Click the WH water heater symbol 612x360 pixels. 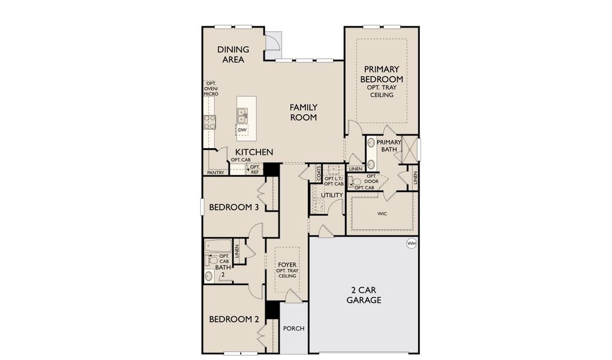click(x=411, y=243)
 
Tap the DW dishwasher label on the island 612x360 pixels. click(x=242, y=130)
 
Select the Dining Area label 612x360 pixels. click(x=233, y=55)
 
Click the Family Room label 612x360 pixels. click(x=304, y=112)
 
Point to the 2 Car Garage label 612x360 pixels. click(x=364, y=295)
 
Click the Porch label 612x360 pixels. click(x=294, y=328)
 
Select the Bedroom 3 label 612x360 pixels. click(x=234, y=208)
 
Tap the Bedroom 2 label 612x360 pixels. click(x=234, y=319)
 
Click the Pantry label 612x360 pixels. click(x=215, y=173)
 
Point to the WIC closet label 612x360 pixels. click(x=382, y=213)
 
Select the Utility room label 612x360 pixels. click(x=332, y=195)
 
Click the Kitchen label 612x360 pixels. click(x=254, y=152)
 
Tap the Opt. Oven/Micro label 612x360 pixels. click(x=211, y=89)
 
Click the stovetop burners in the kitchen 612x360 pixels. click(x=211, y=122)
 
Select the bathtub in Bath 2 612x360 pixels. click(x=217, y=246)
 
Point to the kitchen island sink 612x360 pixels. click(x=242, y=113)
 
